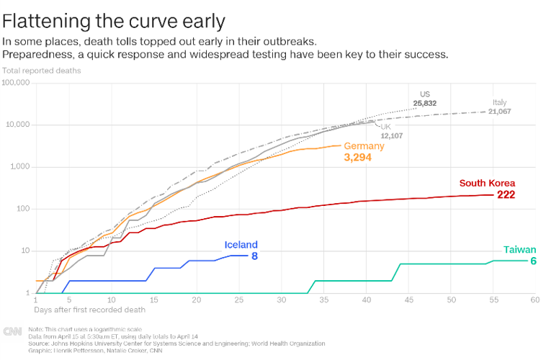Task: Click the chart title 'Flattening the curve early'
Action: tap(114, 20)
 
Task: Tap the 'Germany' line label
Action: tap(364, 145)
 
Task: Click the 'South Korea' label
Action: tap(488, 183)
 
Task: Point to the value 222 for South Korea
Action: tap(506, 195)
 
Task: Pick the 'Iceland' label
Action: tap(241, 245)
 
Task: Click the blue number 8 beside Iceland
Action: tap(254, 256)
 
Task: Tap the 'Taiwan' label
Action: tap(519, 250)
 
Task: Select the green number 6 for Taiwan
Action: tap(533, 261)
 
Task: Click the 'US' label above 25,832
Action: tap(425, 94)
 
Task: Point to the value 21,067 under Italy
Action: tap(499, 112)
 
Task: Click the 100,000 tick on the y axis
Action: tap(16, 83)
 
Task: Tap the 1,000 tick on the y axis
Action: tap(19, 167)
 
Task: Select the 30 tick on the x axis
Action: tap(280, 300)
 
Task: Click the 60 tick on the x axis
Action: tap(534, 300)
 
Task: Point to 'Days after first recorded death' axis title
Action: tap(89, 310)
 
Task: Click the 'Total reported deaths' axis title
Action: tap(41, 71)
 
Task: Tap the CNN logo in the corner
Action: tap(12, 331)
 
